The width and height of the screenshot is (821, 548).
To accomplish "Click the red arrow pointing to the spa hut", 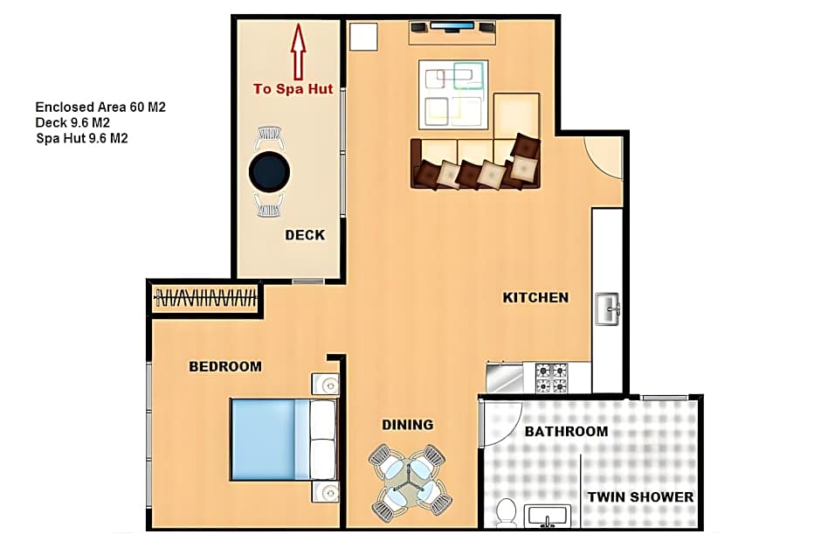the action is [299, 52].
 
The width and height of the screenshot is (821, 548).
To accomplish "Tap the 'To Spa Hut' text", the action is [293, 89].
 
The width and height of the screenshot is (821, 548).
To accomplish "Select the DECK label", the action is [306, 235].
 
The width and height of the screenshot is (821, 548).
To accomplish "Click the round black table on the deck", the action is [269, 171].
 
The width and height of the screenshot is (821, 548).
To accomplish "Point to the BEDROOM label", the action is [225, 366].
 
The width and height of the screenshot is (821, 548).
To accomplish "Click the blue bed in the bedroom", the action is [283, 440].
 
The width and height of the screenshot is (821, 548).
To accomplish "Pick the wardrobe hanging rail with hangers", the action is [206, 299].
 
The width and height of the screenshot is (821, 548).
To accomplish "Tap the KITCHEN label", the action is [535, 297].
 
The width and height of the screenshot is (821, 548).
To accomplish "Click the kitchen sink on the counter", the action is [608, 309].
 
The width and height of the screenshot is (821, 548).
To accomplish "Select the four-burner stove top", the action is [551, 378].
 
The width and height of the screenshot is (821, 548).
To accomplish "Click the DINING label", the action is [407, 425].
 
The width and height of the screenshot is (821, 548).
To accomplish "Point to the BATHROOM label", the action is [567, 431].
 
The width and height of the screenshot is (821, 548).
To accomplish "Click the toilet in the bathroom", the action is [506, 513].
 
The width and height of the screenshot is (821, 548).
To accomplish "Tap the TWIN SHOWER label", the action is [640, 497].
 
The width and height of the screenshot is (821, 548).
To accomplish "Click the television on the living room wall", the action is [452, 25].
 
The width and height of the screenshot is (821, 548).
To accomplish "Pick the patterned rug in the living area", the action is [453, 94].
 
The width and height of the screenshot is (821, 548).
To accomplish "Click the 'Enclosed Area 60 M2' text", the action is [100, 107].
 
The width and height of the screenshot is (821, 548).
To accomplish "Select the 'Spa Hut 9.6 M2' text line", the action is [82, 138].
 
